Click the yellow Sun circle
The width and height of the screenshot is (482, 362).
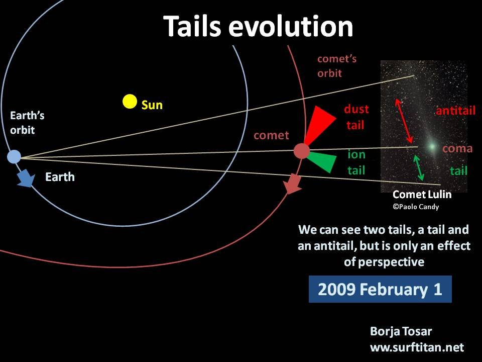coord(130,102)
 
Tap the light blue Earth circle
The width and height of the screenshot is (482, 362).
coord(14,157)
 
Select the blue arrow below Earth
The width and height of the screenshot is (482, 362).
coord(26,178)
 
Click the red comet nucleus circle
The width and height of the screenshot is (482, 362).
coord(302,151)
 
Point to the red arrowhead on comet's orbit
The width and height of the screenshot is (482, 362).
coord(292,184)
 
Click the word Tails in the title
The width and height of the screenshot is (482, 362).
coord(192,26)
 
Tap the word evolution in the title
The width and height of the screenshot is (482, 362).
coord(291,26)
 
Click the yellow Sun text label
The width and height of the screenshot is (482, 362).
coord(152,105)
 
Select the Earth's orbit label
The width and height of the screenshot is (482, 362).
coord(27,123)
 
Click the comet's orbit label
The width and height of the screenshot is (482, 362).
coord(337,66)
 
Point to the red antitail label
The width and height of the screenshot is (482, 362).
coord(455,111)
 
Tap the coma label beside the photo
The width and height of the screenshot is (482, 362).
coord(457,149)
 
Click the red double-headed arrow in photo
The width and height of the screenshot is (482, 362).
coord(404,121)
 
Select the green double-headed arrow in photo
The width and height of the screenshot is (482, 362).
coord(418,167)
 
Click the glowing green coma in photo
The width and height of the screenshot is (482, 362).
coord(432,146)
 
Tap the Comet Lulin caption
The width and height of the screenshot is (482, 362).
coord(422,195)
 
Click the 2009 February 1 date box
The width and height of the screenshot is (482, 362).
coord(380,289)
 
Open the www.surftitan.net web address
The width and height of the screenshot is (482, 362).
coord(417,347)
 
